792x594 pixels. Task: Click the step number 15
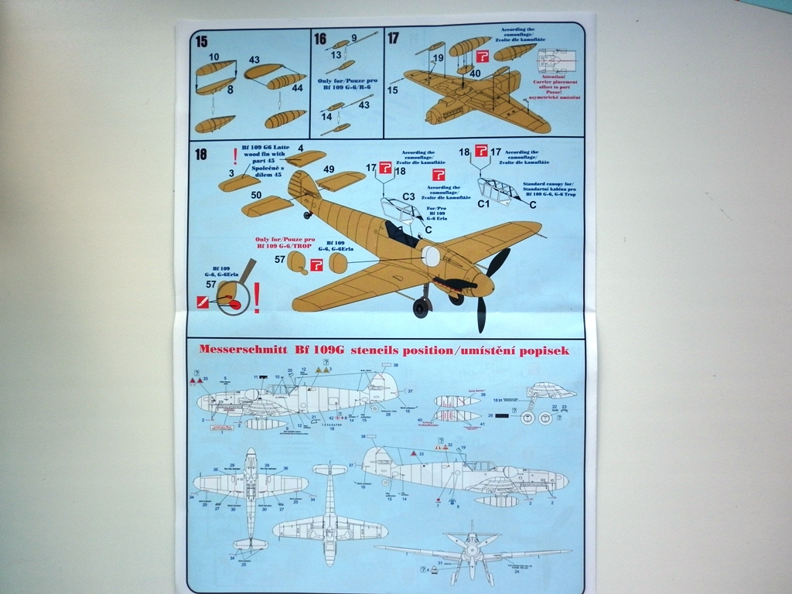tap(201, 42)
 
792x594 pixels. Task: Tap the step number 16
tap(320, 39)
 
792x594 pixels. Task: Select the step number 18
tap(201, 154)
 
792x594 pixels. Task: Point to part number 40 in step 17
tap(475, 74)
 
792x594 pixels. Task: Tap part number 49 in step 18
tap(329, 169)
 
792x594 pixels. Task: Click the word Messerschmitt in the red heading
tap(241, 350)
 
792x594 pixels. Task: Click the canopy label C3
tap(408, 197)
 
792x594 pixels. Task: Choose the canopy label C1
tap(483, 204)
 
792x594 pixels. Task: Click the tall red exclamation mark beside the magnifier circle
tap(257, 296)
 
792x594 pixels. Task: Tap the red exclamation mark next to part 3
tap(235, 155)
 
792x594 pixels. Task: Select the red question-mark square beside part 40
tap(482, 56)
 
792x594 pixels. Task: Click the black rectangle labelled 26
tap(502, 416)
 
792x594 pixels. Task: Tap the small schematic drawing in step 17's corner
tap(556, 60)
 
